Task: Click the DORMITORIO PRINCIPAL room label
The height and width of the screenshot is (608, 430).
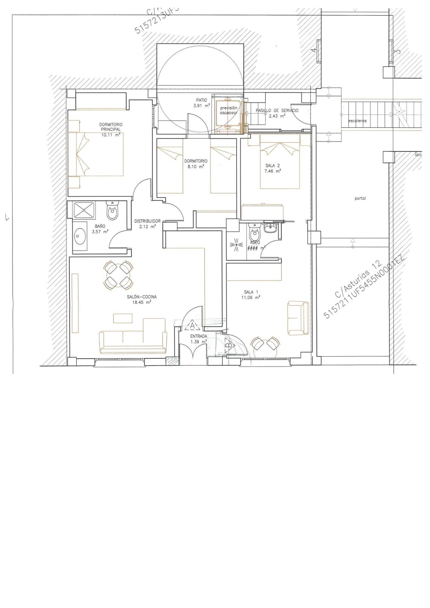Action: point(111,127)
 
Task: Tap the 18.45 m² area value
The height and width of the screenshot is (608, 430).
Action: point(141,302)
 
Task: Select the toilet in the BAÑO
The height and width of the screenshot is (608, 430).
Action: point(112,211)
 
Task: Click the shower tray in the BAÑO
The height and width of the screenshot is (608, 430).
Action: point(84,210)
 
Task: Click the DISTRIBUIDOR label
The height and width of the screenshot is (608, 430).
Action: point(147,221)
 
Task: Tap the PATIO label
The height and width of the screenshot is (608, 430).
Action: point(202,100)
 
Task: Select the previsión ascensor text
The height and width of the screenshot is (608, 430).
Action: point(228,110)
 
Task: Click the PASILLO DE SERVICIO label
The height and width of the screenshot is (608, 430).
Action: point(277,111)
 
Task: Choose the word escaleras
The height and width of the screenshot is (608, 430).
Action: point(357,121)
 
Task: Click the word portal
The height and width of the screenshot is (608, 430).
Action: point(360,199)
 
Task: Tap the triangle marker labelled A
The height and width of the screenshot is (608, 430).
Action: point(192,326)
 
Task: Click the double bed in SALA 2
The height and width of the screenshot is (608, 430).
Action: point(280,165)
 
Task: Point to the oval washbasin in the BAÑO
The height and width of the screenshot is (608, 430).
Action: point(80,237)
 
